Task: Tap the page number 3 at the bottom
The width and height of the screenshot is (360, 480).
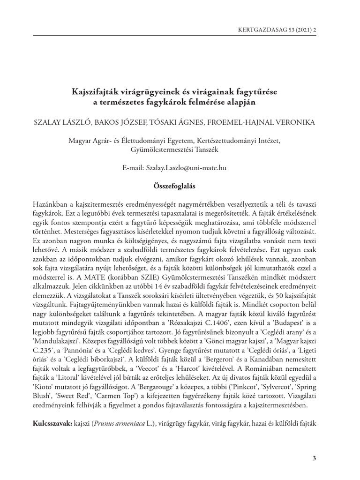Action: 314,457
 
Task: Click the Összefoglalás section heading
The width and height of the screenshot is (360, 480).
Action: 174,186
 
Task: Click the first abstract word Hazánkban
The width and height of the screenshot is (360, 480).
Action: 51,206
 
